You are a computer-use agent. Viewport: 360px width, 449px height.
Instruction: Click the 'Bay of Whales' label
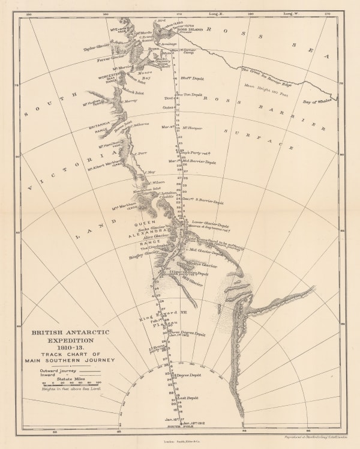coord(319,86)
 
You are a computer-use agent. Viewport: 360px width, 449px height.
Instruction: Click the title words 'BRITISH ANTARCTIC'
coord(71,331)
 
